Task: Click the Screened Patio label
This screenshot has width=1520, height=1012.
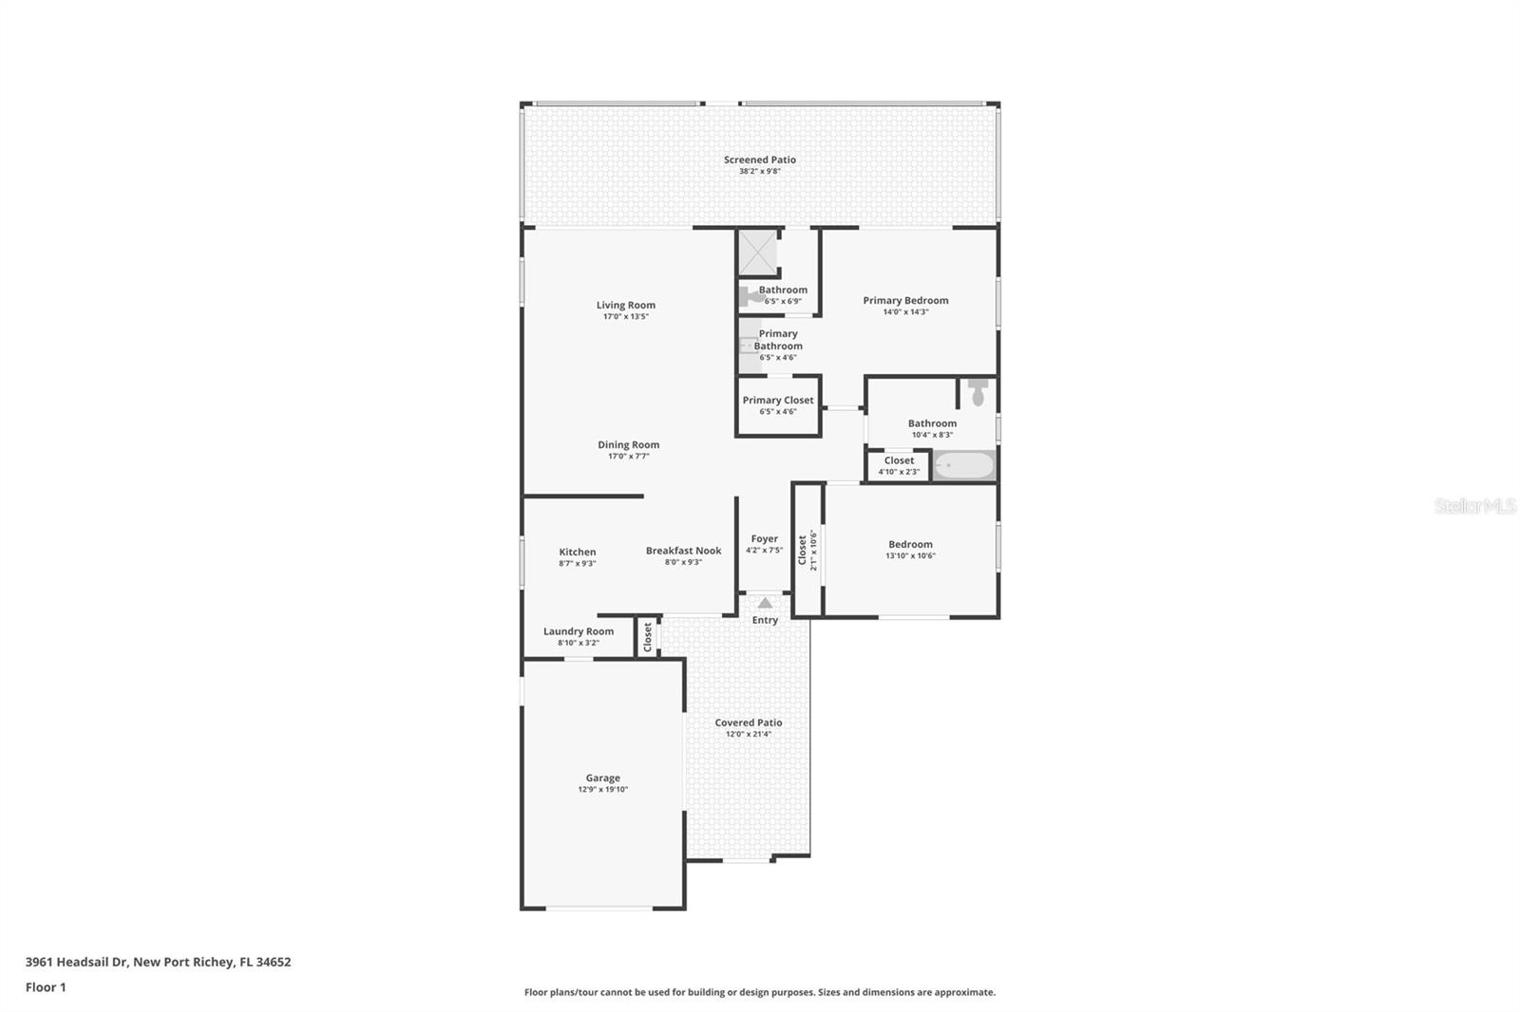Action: point(759,159)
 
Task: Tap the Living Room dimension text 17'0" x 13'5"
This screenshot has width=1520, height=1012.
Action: point(625,316)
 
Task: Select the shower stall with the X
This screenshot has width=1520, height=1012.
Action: point(758,252)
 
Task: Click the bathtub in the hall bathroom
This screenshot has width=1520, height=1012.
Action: point(963,465)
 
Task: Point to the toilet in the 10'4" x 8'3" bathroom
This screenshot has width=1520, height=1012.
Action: point(978,392)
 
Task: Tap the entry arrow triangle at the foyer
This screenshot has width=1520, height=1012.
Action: point(765,603)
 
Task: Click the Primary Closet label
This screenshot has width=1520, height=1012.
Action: point(777,400)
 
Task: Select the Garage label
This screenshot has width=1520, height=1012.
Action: point(602,778)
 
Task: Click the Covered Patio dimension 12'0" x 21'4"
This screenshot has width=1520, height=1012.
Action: point(749,734)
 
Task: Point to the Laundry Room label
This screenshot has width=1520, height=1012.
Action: point(578,631)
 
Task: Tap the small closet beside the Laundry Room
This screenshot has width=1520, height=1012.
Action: point(648,636)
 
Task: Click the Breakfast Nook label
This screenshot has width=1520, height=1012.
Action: point(683,551)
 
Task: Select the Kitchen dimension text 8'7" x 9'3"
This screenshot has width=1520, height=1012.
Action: point(577,563)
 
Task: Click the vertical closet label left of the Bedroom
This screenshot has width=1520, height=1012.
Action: point(803,550)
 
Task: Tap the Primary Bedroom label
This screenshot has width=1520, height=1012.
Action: point(904,300)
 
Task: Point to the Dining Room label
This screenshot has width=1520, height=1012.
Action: point(628,444)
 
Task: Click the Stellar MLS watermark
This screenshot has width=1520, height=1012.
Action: point(1474,507)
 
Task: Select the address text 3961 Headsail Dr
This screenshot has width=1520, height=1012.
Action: point(76,962)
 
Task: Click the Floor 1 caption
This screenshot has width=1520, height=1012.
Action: point(46,987)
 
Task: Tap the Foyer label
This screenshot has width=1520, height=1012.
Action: point(764,538)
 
